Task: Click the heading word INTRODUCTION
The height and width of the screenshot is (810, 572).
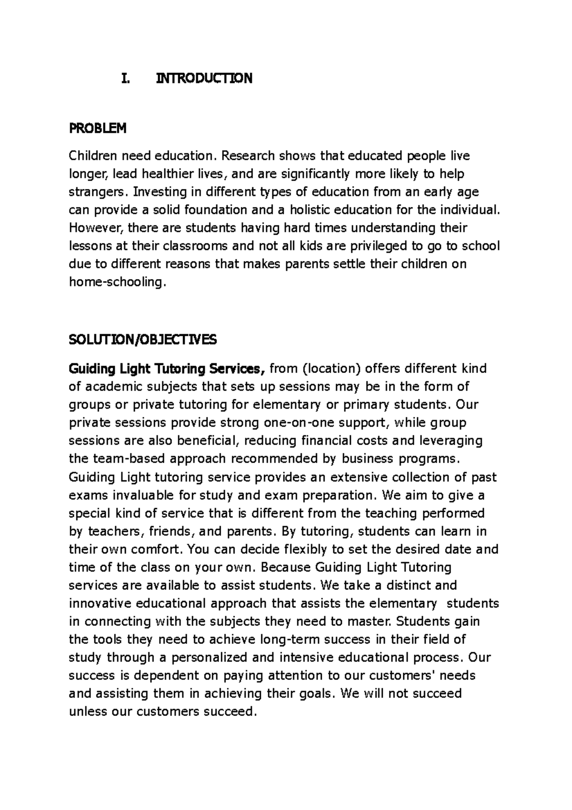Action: pyautogui.click(x=204, y=78)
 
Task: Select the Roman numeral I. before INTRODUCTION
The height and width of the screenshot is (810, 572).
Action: pyautogui.click(x=125, y=78)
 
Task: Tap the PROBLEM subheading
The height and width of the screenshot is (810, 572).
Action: pyautogui.click(x=98, y=128)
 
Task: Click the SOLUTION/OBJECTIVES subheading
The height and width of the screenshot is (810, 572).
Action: pyautogui.click(x=143, y=340)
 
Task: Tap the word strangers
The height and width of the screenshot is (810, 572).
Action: pyautogui.click(x=99, y=192)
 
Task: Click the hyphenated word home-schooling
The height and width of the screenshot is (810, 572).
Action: pyautogui.click(x=118, y=282)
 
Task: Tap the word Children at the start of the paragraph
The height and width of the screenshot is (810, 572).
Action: pyautogui.click(x=92, y=156)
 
